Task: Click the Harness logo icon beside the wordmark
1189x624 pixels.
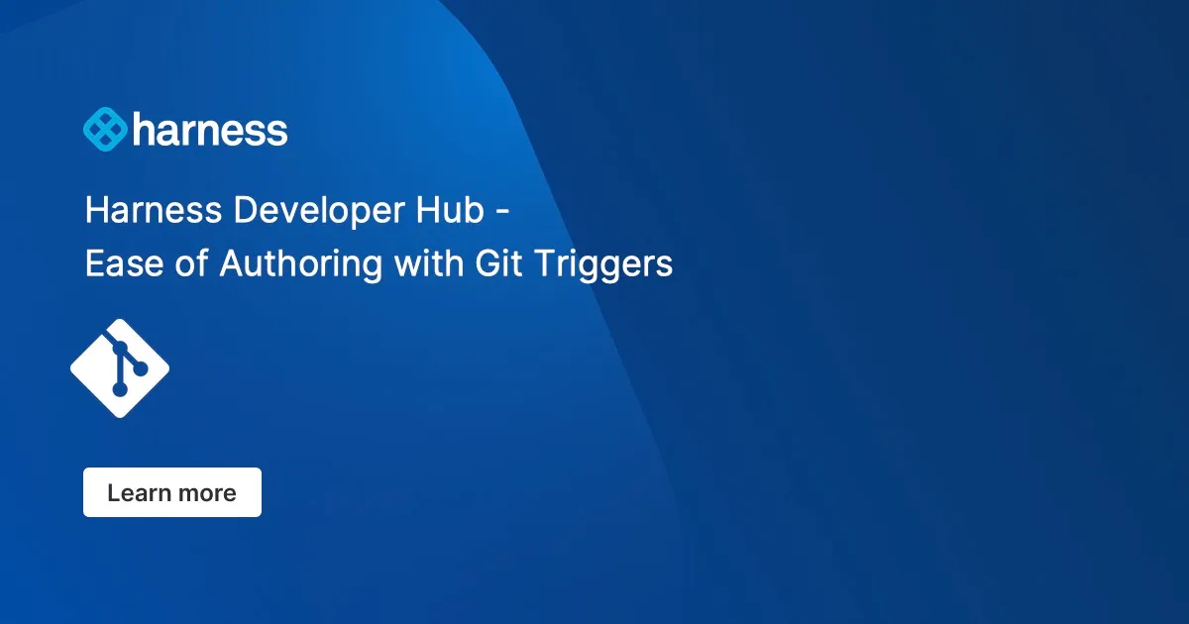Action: pos(105,130)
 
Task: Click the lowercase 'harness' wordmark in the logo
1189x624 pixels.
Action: pos(210,130)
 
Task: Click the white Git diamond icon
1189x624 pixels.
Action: pos(120,368)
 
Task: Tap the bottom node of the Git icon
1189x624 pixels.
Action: pos(120,390)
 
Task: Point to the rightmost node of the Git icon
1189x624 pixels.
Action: pos(141,368)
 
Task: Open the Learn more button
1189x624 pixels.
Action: pos(172,492)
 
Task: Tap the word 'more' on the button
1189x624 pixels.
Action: pos(206,493)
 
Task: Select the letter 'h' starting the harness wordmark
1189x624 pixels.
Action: pos(144,129)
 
